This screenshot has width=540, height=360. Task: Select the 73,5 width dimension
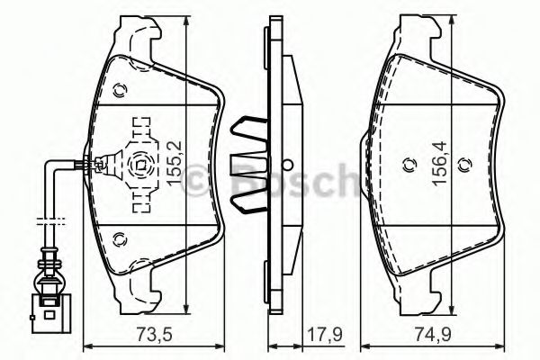point(137,338)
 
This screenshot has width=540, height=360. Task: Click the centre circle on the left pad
point(139,165)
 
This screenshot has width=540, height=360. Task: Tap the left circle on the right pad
point(406,164)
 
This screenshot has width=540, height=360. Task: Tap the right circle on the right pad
point(464,164)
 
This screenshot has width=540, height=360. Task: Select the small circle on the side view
point(287,165)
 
